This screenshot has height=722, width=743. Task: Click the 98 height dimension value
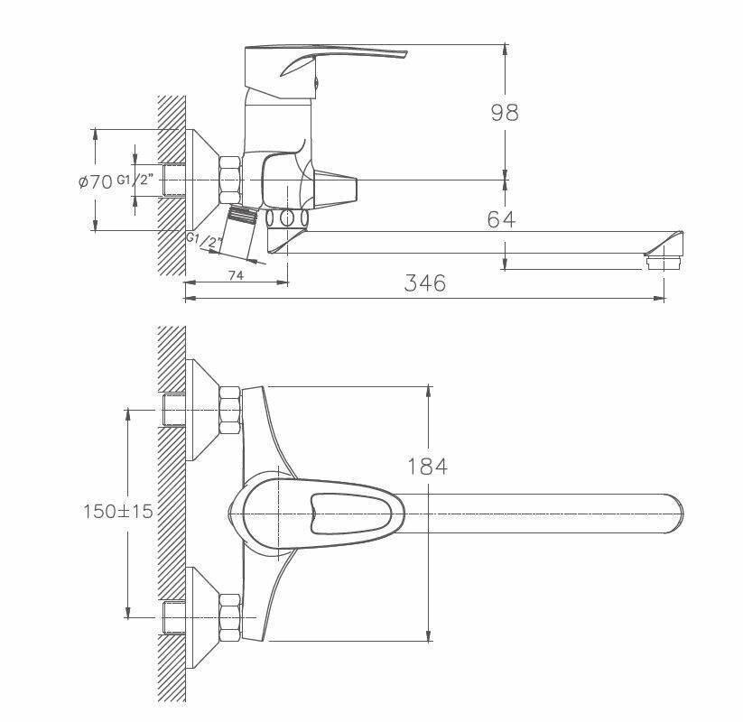click(505, 113)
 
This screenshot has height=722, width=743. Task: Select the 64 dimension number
click(501, 219)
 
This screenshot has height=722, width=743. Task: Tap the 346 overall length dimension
click(424, 283)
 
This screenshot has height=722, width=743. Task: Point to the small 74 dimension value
click(236, 276)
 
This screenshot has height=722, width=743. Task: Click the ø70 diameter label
click(95, 181)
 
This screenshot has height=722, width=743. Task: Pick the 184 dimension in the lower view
click(428, 467)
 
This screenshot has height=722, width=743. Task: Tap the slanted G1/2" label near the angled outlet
click(205, 241)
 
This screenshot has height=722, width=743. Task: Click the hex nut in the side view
click(230, 181)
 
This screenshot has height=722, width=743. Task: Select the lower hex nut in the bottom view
click(230, 616)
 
